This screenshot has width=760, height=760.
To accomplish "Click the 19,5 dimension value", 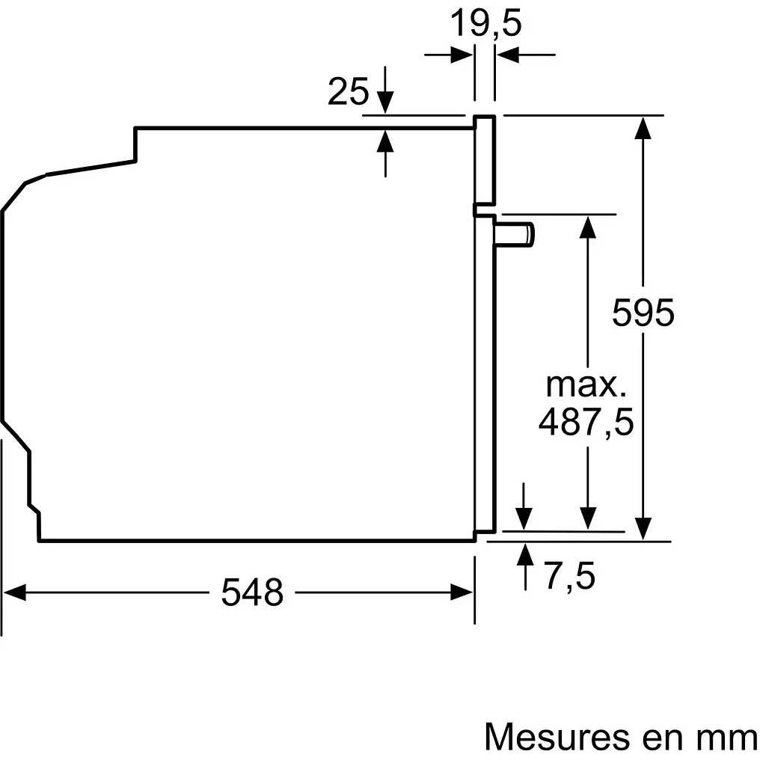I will point(485,23).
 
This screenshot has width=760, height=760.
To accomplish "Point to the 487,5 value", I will point(586,422).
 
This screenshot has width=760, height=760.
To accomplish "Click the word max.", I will point(586,384).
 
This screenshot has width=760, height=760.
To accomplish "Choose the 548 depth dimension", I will point(253,593).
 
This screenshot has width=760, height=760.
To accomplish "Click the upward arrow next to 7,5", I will point(525,555).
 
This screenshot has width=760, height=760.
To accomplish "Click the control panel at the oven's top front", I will point(485,160).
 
